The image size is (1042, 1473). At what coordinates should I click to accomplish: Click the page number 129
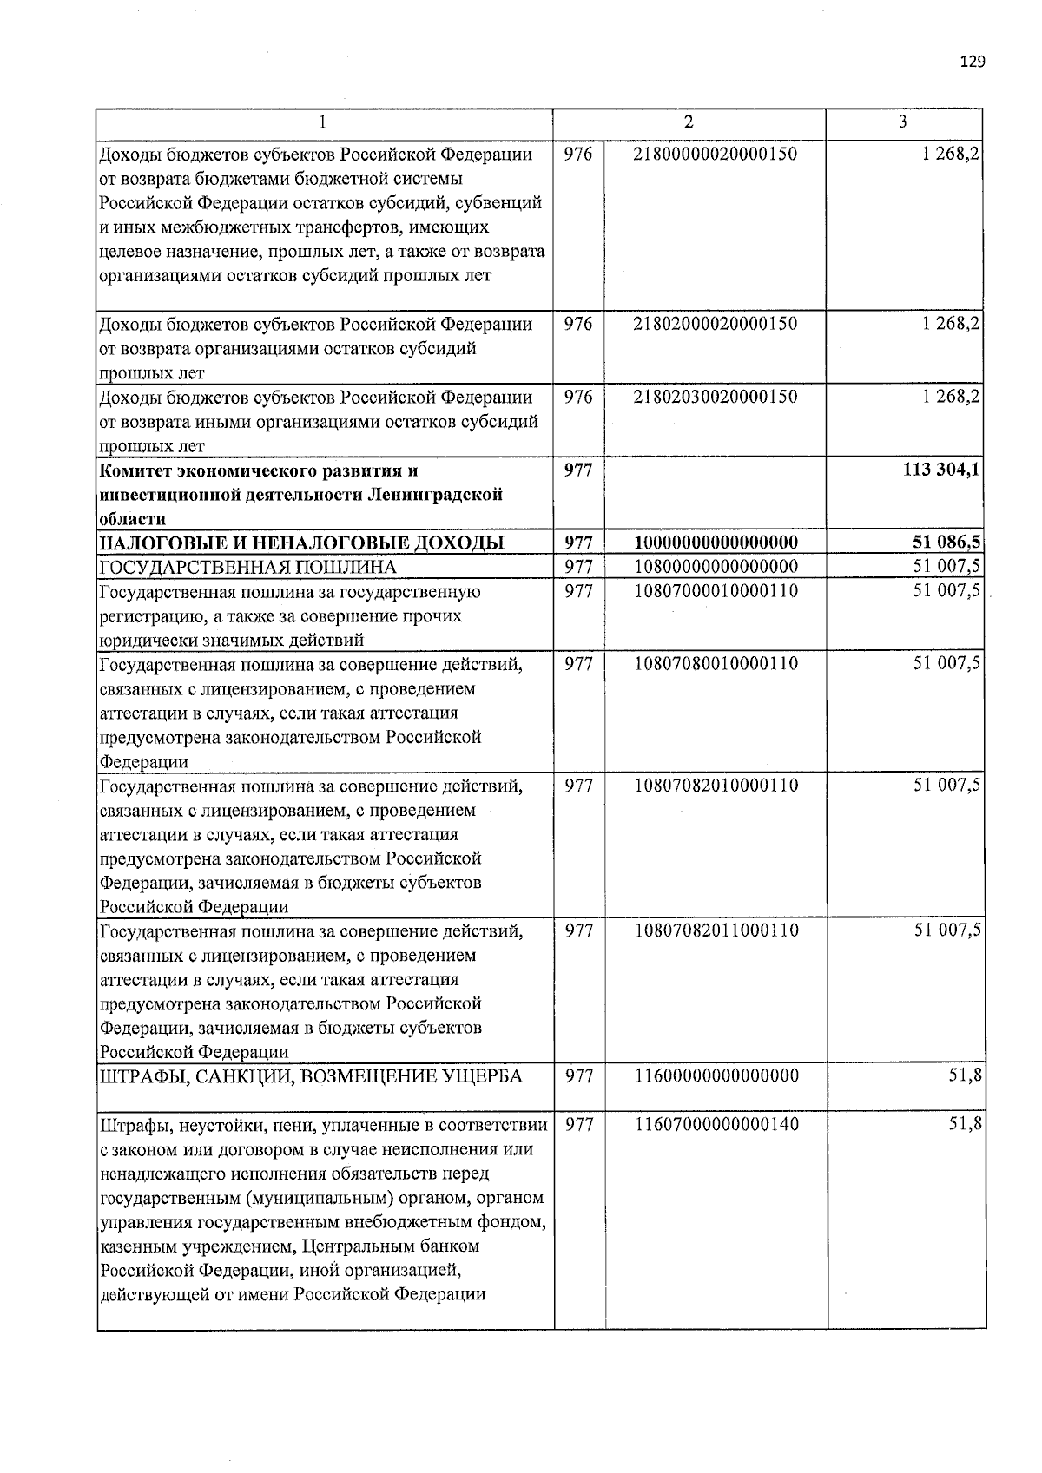click(x=973, y=62)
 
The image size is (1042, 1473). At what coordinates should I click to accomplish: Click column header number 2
click(x=689, y=122)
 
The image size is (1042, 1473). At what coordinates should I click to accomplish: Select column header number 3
click(x=903, y=122)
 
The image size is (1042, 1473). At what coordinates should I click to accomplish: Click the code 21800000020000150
click(x=716, y=155)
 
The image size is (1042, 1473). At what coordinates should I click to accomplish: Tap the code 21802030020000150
click(x=716, y=397)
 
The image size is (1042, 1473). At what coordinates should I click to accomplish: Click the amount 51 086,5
click(x=947, y=543)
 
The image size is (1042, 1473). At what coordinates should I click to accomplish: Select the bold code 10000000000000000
click(x=716, y=543)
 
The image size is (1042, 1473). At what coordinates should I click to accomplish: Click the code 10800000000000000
click(x=716, y=567)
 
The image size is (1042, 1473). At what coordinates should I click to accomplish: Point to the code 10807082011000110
click(x=716, y=930)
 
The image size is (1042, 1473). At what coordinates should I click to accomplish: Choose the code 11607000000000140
click(x=716, y=1124)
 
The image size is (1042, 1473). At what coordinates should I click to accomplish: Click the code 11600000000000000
click(x=716, y=1076)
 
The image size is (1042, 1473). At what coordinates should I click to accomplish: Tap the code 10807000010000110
click(x=716, y=591)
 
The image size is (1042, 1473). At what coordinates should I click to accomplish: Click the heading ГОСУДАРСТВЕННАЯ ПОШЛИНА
click(x=248, y=568)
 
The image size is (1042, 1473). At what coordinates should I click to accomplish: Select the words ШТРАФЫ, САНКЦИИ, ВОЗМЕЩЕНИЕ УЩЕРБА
click(x=312, y=1077)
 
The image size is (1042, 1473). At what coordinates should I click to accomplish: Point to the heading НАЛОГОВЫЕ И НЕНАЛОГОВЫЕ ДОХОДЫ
click(x=302, y=543)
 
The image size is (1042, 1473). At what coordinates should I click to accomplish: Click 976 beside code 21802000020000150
click(x=578, y=324)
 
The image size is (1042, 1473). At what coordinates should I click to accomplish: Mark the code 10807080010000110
click(x=716, y=664)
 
